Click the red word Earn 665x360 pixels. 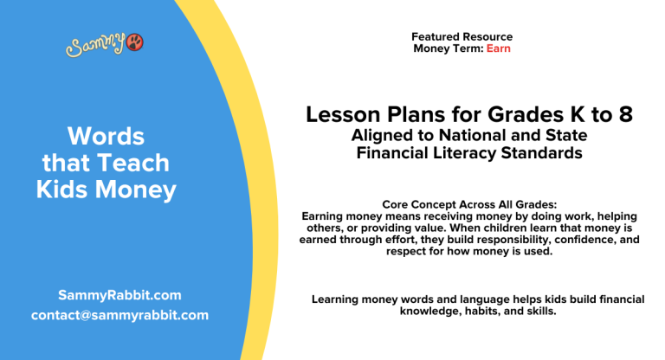(499, 48)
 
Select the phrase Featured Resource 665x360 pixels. (462, 37)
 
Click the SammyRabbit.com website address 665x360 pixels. (120, 294)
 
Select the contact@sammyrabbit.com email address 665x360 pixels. (119, 315)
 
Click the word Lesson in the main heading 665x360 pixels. (339, 116)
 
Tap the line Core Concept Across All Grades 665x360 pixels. (462, 204)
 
